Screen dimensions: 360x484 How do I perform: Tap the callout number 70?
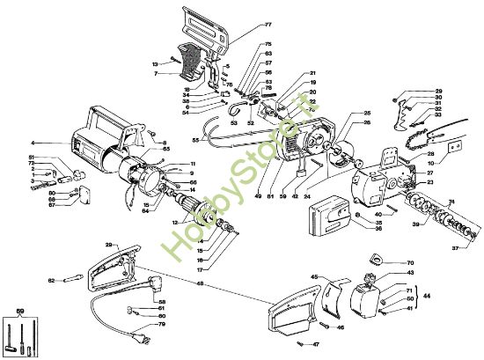409,263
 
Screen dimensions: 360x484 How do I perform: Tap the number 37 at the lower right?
455,247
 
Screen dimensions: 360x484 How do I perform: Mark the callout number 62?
51,280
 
